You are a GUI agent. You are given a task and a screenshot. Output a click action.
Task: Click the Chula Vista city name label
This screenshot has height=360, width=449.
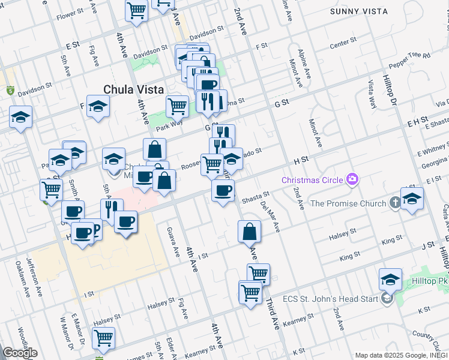[x=133, y=89]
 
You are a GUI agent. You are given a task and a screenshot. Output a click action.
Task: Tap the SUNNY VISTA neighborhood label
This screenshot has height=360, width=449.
[x=359, y=11]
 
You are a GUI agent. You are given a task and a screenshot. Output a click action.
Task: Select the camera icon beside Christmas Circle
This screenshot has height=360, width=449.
[x=352, y=179]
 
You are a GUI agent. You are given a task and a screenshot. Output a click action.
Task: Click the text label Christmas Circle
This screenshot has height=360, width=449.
[x=313, y=180]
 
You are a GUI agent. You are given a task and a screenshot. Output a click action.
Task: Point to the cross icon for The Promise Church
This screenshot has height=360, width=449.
[x=394, y=203]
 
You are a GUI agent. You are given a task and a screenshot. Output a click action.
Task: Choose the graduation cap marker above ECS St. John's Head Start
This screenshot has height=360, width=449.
[x=390, y=280]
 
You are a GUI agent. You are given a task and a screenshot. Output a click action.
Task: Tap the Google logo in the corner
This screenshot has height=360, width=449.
[x=20, y=353]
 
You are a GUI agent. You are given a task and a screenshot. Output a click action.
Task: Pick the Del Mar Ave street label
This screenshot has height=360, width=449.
[x=271, y=216]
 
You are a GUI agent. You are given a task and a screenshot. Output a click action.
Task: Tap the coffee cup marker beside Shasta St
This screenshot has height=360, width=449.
[x=223, y=191]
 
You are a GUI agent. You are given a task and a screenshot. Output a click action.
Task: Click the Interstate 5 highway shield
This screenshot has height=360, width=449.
[x=10, y=91]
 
